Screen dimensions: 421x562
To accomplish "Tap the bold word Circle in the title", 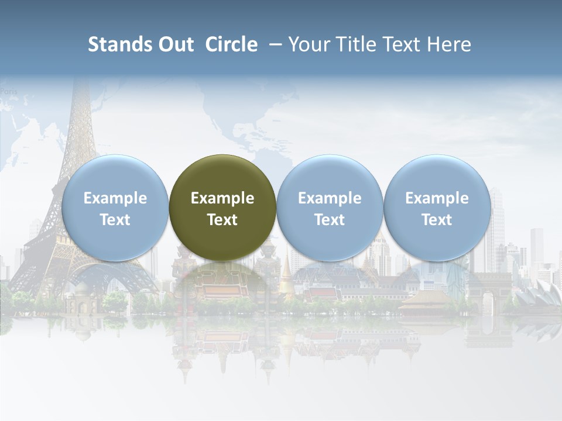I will pyautogui.click(x=231, y=44).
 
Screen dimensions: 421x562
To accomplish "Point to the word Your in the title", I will pyautogui.click(x=309, y=44).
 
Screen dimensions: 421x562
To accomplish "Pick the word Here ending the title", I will pyautogui.click(x=450, y=44).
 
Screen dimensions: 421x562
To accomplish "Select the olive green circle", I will pyautogui.click(x=222, y=208).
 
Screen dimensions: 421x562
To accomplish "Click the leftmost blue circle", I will pyautogui.click(x=115, y=208).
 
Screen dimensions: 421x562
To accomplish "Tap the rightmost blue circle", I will pyautogui.click(x=437, y=208).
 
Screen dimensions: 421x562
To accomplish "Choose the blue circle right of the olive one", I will pyautogui.click(x=330, y=208).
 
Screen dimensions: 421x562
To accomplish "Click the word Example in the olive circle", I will pyautogui.click(x=222, y=198).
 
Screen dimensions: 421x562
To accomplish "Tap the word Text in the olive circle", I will pyautogui.click(x=222, y=220).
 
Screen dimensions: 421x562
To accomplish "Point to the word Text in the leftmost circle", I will pyautogui.click(x=115, y=220).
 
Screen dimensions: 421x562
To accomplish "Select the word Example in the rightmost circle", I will pyautogui.click(x=437, y=198).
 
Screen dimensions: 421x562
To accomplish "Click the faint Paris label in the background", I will pyautogui.click(x=9, y=91).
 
